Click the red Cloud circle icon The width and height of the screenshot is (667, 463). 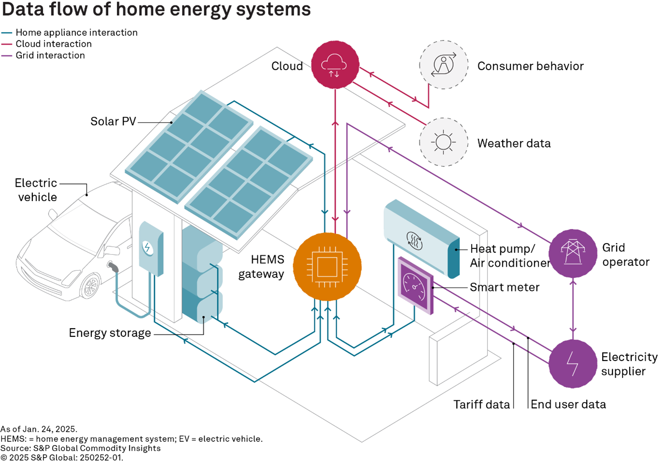pyautogui.click(x=335, y=65)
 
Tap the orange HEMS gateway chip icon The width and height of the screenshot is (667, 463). pyautogui.click(x=327, y=267)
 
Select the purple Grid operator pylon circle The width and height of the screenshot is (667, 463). pyautogui.click(x=573, y=253)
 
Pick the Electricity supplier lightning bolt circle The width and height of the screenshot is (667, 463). pyautogui.click(x=573, y=363)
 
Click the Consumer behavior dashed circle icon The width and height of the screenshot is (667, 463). pyautogui.click(x=444, y=65)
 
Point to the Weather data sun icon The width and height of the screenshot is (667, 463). pyautogui.click(x=444, y=142)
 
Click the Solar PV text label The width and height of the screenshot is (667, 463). pyautogui.click(x=113, y=121)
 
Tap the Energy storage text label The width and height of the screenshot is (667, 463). pyautogui.click(x=110, y=333)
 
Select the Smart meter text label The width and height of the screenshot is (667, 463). pyautogui.click(x=504, y=287)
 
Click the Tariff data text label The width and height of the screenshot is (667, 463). pyautogui.click(x=481, y=405)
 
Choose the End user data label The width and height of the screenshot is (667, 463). pyautogui.click(x=568, y=405)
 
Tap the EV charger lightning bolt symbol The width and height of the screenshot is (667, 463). pyautogui.click(x=148, y=248)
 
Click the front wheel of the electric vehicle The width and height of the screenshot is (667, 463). pyautogui.click(x=90, y=287)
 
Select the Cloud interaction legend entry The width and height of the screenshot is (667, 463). pyautogui.click(x=53, y=44)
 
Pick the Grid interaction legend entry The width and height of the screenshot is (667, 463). pyautogui.click(x=50, y=56)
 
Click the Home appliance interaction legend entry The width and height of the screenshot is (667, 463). pyautogui.click(x=76, y=32)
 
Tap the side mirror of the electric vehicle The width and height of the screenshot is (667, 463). pyautogui.click(x=112, y=251)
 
